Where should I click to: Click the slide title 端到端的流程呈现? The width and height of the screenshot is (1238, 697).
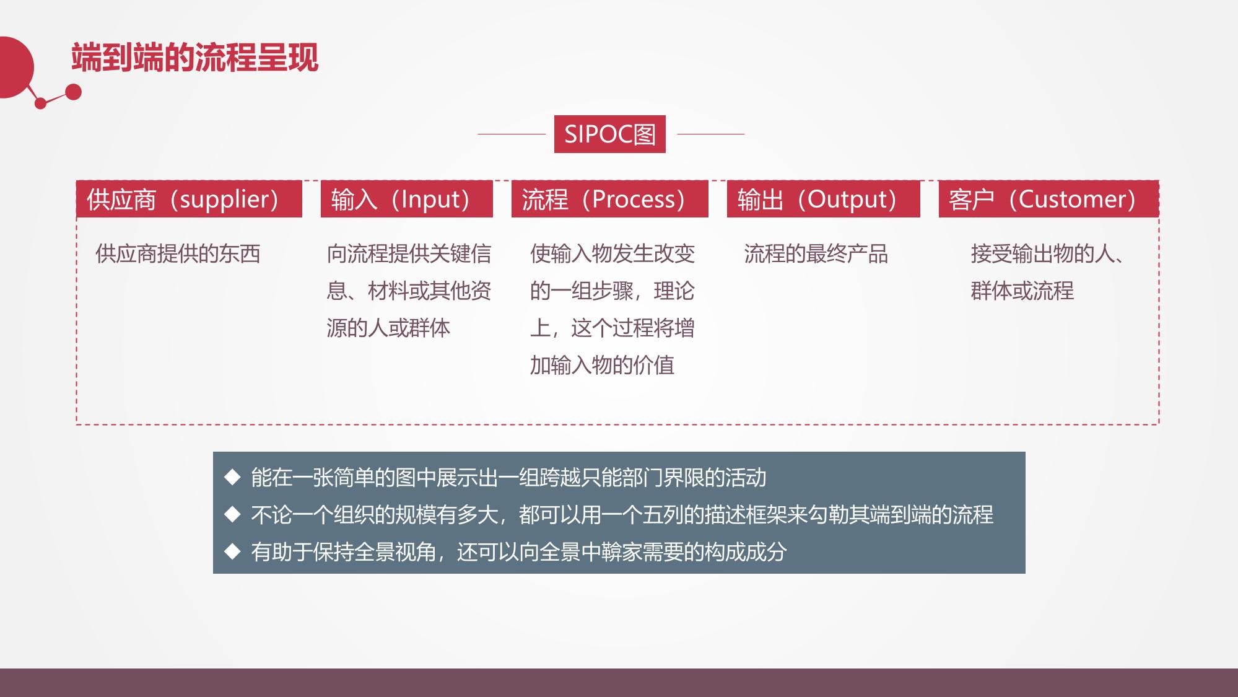click(195, 58)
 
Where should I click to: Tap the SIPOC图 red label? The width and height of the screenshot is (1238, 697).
click(609, 134)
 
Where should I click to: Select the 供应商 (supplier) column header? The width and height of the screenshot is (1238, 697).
click(189, 199)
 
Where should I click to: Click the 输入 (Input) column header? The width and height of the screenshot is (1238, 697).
click(406, 199)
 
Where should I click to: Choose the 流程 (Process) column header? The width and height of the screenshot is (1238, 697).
click(609, 199)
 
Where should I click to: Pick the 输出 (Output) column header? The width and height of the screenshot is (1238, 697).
click(823, 199)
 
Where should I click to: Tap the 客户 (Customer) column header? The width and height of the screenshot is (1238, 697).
click(1048, 199)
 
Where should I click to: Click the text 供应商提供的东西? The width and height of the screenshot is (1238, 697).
click(178, 254)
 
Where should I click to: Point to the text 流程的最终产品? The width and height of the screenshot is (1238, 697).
click(816, 254)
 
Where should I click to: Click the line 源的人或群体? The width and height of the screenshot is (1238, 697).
click(388, 328)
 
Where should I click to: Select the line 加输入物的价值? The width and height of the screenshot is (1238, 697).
click(602, 366)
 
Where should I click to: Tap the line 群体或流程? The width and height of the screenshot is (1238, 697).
click(1022, 291)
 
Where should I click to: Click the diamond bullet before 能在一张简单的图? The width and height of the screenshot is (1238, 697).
click(232, 477)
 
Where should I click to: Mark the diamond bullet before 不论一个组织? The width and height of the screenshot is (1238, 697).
click(232, 514)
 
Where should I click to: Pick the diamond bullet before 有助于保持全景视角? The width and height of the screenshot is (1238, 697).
click(232, 551)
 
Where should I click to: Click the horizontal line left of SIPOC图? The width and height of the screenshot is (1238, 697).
click(512, 134)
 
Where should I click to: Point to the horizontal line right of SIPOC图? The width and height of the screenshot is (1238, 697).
click(711, 134)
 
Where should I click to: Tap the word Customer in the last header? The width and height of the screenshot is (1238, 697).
click(1072, 199)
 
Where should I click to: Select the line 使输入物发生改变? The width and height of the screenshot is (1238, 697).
click(612, 254)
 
